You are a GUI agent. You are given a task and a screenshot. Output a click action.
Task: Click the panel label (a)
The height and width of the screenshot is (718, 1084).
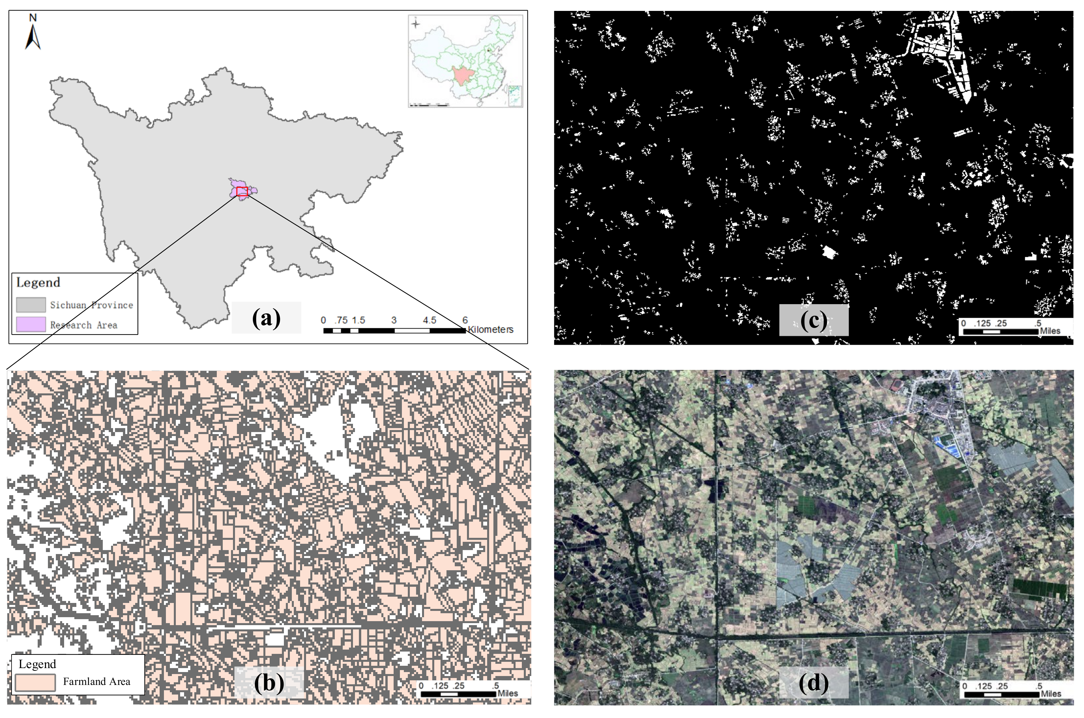[x=266, y=318]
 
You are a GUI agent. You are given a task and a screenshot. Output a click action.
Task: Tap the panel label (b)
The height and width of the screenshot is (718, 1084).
[x=269, y=682]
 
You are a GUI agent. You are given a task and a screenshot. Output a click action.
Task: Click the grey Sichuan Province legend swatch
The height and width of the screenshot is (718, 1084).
[x=31, y=304]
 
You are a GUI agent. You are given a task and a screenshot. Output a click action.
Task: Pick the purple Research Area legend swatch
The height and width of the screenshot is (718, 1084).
[x=31, y=324]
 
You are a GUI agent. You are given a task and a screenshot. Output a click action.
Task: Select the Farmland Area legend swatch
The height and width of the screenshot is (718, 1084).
[x=35, y=682]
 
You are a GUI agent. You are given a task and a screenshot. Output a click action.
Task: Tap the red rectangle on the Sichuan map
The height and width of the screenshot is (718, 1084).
[x=242, y=191]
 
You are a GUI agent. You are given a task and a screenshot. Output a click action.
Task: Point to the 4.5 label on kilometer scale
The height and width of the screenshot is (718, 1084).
[x=429, y=320]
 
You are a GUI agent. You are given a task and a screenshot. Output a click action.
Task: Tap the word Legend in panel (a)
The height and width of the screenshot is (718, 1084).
[x=38, y=282]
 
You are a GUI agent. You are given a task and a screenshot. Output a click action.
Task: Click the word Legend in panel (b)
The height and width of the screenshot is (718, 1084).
[x=37, y=664]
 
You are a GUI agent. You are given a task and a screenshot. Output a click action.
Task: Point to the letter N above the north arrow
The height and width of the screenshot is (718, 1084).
[x=32, y=18]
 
